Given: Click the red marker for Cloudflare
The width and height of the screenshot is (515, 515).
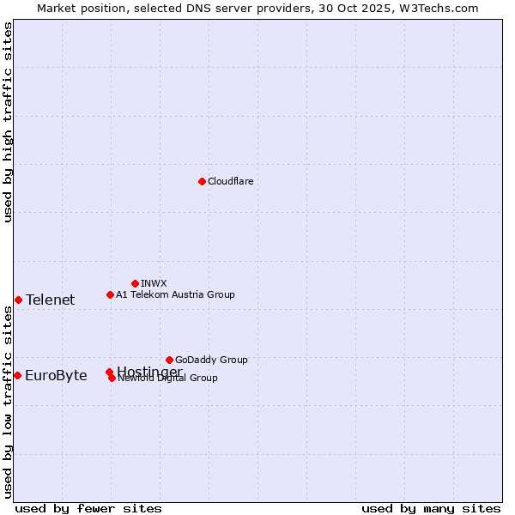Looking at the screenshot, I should (202, 181).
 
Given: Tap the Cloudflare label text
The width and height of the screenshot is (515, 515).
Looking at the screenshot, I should (230, 181).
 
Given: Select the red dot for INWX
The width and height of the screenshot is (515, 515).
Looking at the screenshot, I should (135, 283).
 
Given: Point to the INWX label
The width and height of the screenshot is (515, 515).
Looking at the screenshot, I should (154, 283).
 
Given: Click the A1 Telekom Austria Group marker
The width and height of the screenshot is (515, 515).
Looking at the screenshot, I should (110, 294).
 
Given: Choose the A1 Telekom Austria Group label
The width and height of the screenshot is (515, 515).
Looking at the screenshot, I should (175, 294).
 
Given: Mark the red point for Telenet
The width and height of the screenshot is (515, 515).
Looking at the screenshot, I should (18, 300).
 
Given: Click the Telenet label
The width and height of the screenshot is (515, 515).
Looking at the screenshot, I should (50, 300).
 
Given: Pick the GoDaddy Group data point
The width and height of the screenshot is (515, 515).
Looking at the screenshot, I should (169, 360).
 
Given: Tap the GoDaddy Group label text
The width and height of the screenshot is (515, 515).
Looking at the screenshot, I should (211, 360).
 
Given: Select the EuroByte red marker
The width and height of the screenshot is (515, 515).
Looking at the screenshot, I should (17, 375).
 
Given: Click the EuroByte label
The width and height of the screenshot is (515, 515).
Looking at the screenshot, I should (56, 375).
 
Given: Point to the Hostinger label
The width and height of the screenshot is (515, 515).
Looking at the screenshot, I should (149, 371).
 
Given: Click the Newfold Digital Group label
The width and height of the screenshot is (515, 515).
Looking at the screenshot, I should (168, 379).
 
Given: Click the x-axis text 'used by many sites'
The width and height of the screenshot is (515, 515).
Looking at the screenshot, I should (431, 508).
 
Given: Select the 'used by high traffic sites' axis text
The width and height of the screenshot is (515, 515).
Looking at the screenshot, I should (8, 123).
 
